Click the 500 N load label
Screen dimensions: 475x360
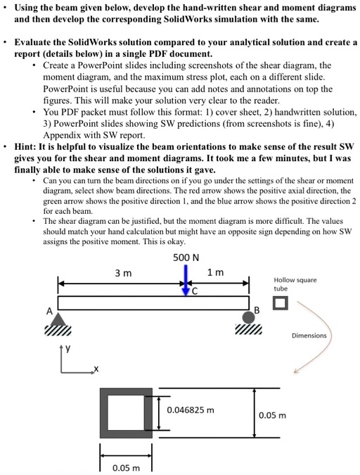(186, 257)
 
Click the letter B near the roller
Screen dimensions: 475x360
(257, 311)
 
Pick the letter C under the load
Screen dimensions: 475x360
(196, 289)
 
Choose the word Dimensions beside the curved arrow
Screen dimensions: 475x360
(309, 336)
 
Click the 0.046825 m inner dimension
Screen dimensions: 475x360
(191, 409)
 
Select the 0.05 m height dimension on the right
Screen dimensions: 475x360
(272, 414)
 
